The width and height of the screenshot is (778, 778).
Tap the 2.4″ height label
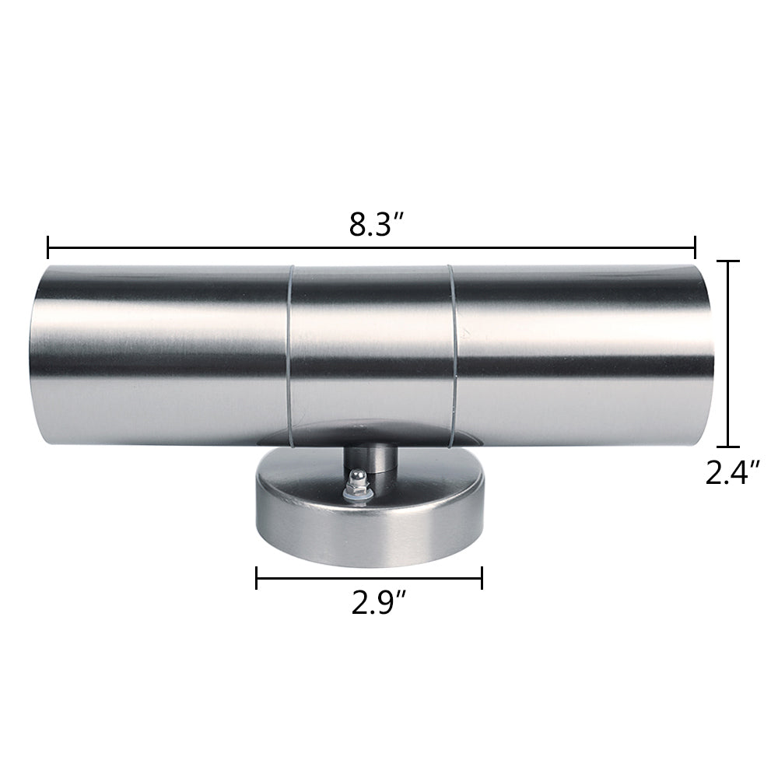click(732, 472)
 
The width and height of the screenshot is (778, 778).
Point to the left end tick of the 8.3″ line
click(48, 248)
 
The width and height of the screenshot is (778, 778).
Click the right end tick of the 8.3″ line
click(695, 248)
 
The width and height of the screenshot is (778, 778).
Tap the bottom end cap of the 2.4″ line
click(727, 447)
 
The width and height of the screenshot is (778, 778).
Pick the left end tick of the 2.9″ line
click(257, 577)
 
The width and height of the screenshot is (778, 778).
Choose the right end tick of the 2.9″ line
click(482, 577)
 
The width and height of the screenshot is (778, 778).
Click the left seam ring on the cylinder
click(289, 358)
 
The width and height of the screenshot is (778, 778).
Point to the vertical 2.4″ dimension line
click(727, 354)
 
